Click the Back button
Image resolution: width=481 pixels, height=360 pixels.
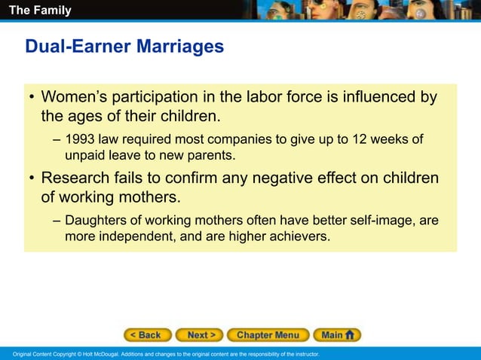(x=147, y=335)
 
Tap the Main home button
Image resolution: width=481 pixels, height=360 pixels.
(x=336, y=335)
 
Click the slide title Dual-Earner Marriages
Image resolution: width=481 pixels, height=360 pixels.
(x=124, y=47)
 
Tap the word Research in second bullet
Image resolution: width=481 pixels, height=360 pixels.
(x=76, y=178)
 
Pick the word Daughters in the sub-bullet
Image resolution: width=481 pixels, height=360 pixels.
(x=96, y=220)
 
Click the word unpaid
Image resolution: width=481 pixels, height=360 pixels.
(x=85, y=155)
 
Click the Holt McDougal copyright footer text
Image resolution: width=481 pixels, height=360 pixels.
(x=161, y=354)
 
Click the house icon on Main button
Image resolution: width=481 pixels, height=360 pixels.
(x=351, y=335)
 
